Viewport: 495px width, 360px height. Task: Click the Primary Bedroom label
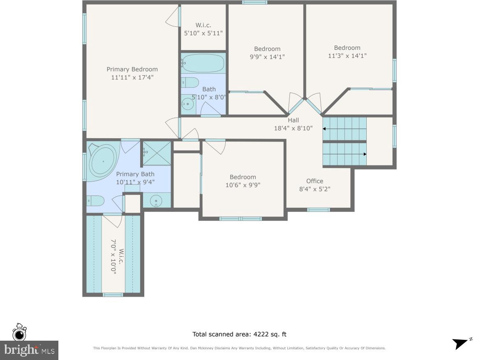pyautogui.click(x=132, y=69)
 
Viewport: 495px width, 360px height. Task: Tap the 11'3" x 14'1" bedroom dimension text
pyautogui.click(x=347, y=56)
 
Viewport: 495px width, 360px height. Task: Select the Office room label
pyautogui.click(x=315, y=181)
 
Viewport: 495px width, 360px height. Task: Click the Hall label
pyautogui.click(x=293, y=120)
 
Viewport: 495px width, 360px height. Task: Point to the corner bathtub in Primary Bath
pyautogui.click(x=103, y=162)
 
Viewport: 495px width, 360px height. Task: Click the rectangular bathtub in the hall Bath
pyautogui.click(x=203, y=63)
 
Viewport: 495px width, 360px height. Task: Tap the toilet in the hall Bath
pyautogui.click(x=190, y=82)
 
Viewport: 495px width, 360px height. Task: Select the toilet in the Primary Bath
pyautogui.click(x=95, y=201)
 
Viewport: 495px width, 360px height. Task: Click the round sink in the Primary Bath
pyautogui.click(x=157, y=201)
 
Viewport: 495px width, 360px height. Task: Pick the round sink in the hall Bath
pyautogui.click(x=188, y=104)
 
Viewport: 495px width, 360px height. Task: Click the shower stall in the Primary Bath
pyautogui.click(x=157, y=153)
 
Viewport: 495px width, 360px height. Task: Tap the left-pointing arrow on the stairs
pyautogui.click(x=325, y=129)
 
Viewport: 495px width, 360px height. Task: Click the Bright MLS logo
pyautogui.click(x=29, y=350)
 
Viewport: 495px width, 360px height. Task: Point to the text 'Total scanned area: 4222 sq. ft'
pyautogui.click(x=239, y=334)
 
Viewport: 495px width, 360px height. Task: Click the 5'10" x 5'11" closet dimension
pyautogui.click(x=203, y=33)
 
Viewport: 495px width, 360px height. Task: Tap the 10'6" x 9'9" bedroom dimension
pyautogui.click(x=243, y=185)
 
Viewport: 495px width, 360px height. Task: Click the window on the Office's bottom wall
pyautogui.click(x=319, y=210)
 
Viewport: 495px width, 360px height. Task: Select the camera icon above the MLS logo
pyautogui.click(x=19, y=333)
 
